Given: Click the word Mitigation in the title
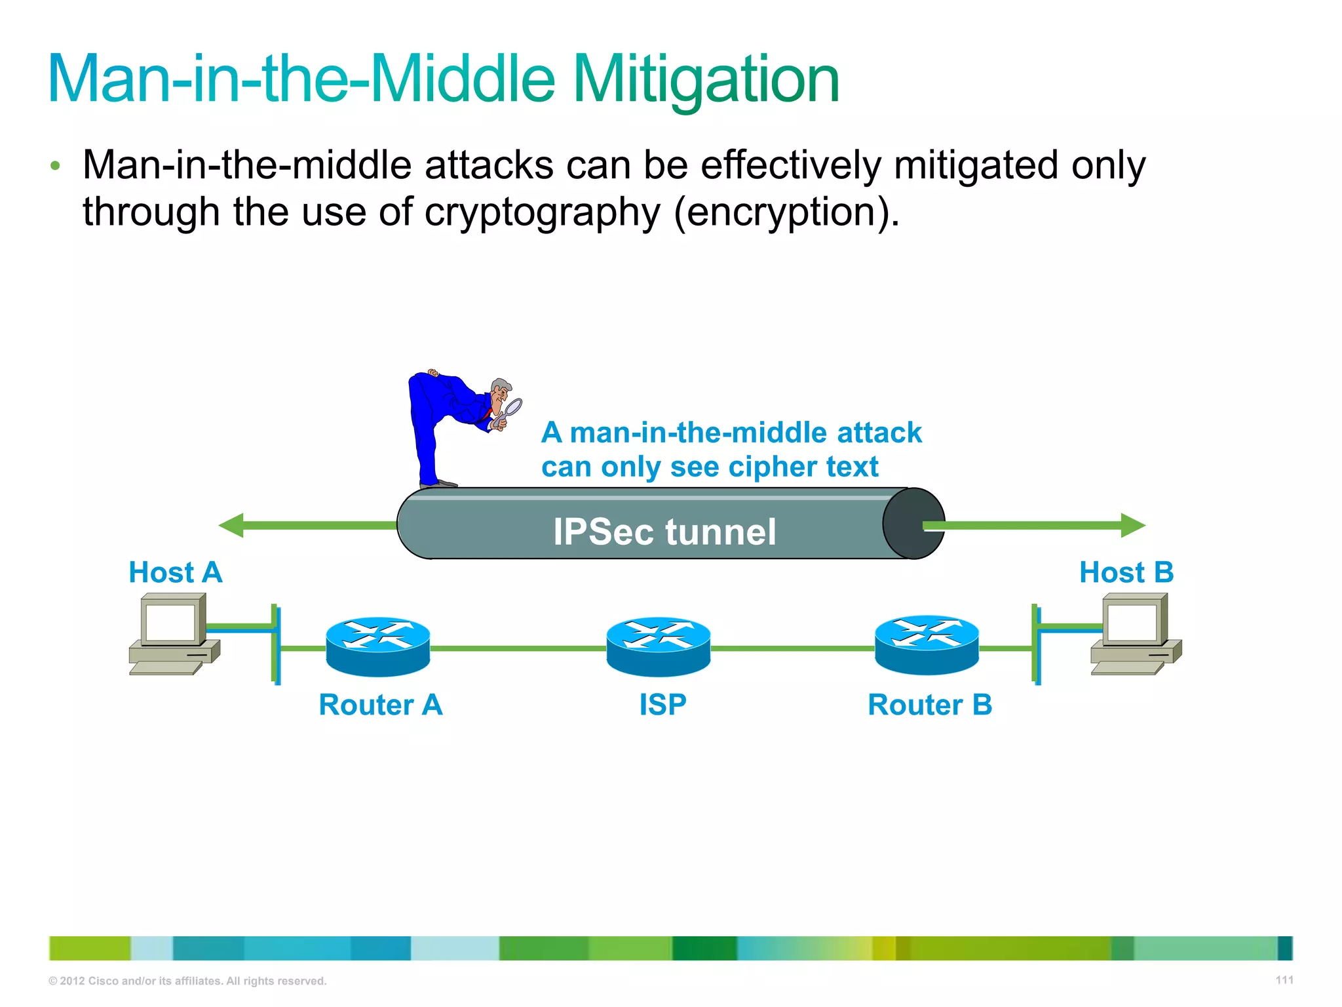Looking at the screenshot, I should (x=706, y=80).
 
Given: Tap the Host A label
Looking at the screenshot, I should (x=175, y=572).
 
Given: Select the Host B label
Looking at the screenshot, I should (x=1126, y=572).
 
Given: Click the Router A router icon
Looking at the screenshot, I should (x=378, y=646).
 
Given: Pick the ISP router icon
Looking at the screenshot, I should (x=658, y=646).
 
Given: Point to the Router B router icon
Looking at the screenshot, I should (x=927, y=645).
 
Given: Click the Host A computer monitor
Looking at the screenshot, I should (x=170, y=621).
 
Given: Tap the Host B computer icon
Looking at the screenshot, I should (x=1135, y=633).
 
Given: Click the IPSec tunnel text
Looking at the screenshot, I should (x=664, y=531).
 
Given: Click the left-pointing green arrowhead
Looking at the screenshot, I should (x=231, y=525).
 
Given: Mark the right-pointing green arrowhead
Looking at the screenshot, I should (x=1133, y=525).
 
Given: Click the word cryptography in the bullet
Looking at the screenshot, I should (x=542, y=212).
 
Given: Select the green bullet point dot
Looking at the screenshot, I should (x=56, y=165).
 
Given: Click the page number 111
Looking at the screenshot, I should (x=1284, y=979).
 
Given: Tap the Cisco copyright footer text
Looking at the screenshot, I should (x=187, y=981).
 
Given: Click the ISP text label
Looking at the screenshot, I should (x=662, y=705).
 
